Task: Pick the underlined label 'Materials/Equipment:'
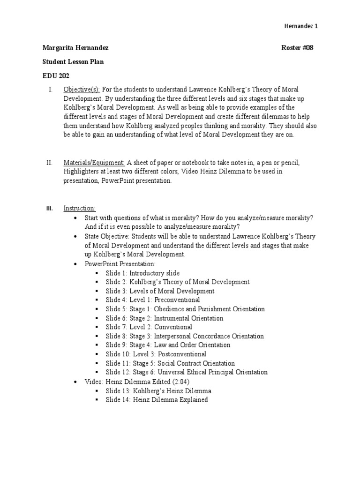tap(94, 163)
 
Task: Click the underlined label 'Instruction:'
tap(80, 208)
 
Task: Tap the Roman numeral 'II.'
tap(49, 163)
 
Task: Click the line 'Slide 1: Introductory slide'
tap(142, 273)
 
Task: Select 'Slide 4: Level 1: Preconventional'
tap(152, 300)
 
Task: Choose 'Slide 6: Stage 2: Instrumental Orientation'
tap(165, 318)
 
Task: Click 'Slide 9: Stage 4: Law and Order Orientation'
tap(168, 345)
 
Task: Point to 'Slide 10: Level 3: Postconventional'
tap(156, 354)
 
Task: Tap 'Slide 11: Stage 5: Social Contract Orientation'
tap(170, 363)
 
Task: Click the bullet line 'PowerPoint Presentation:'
tap(117, 264)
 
